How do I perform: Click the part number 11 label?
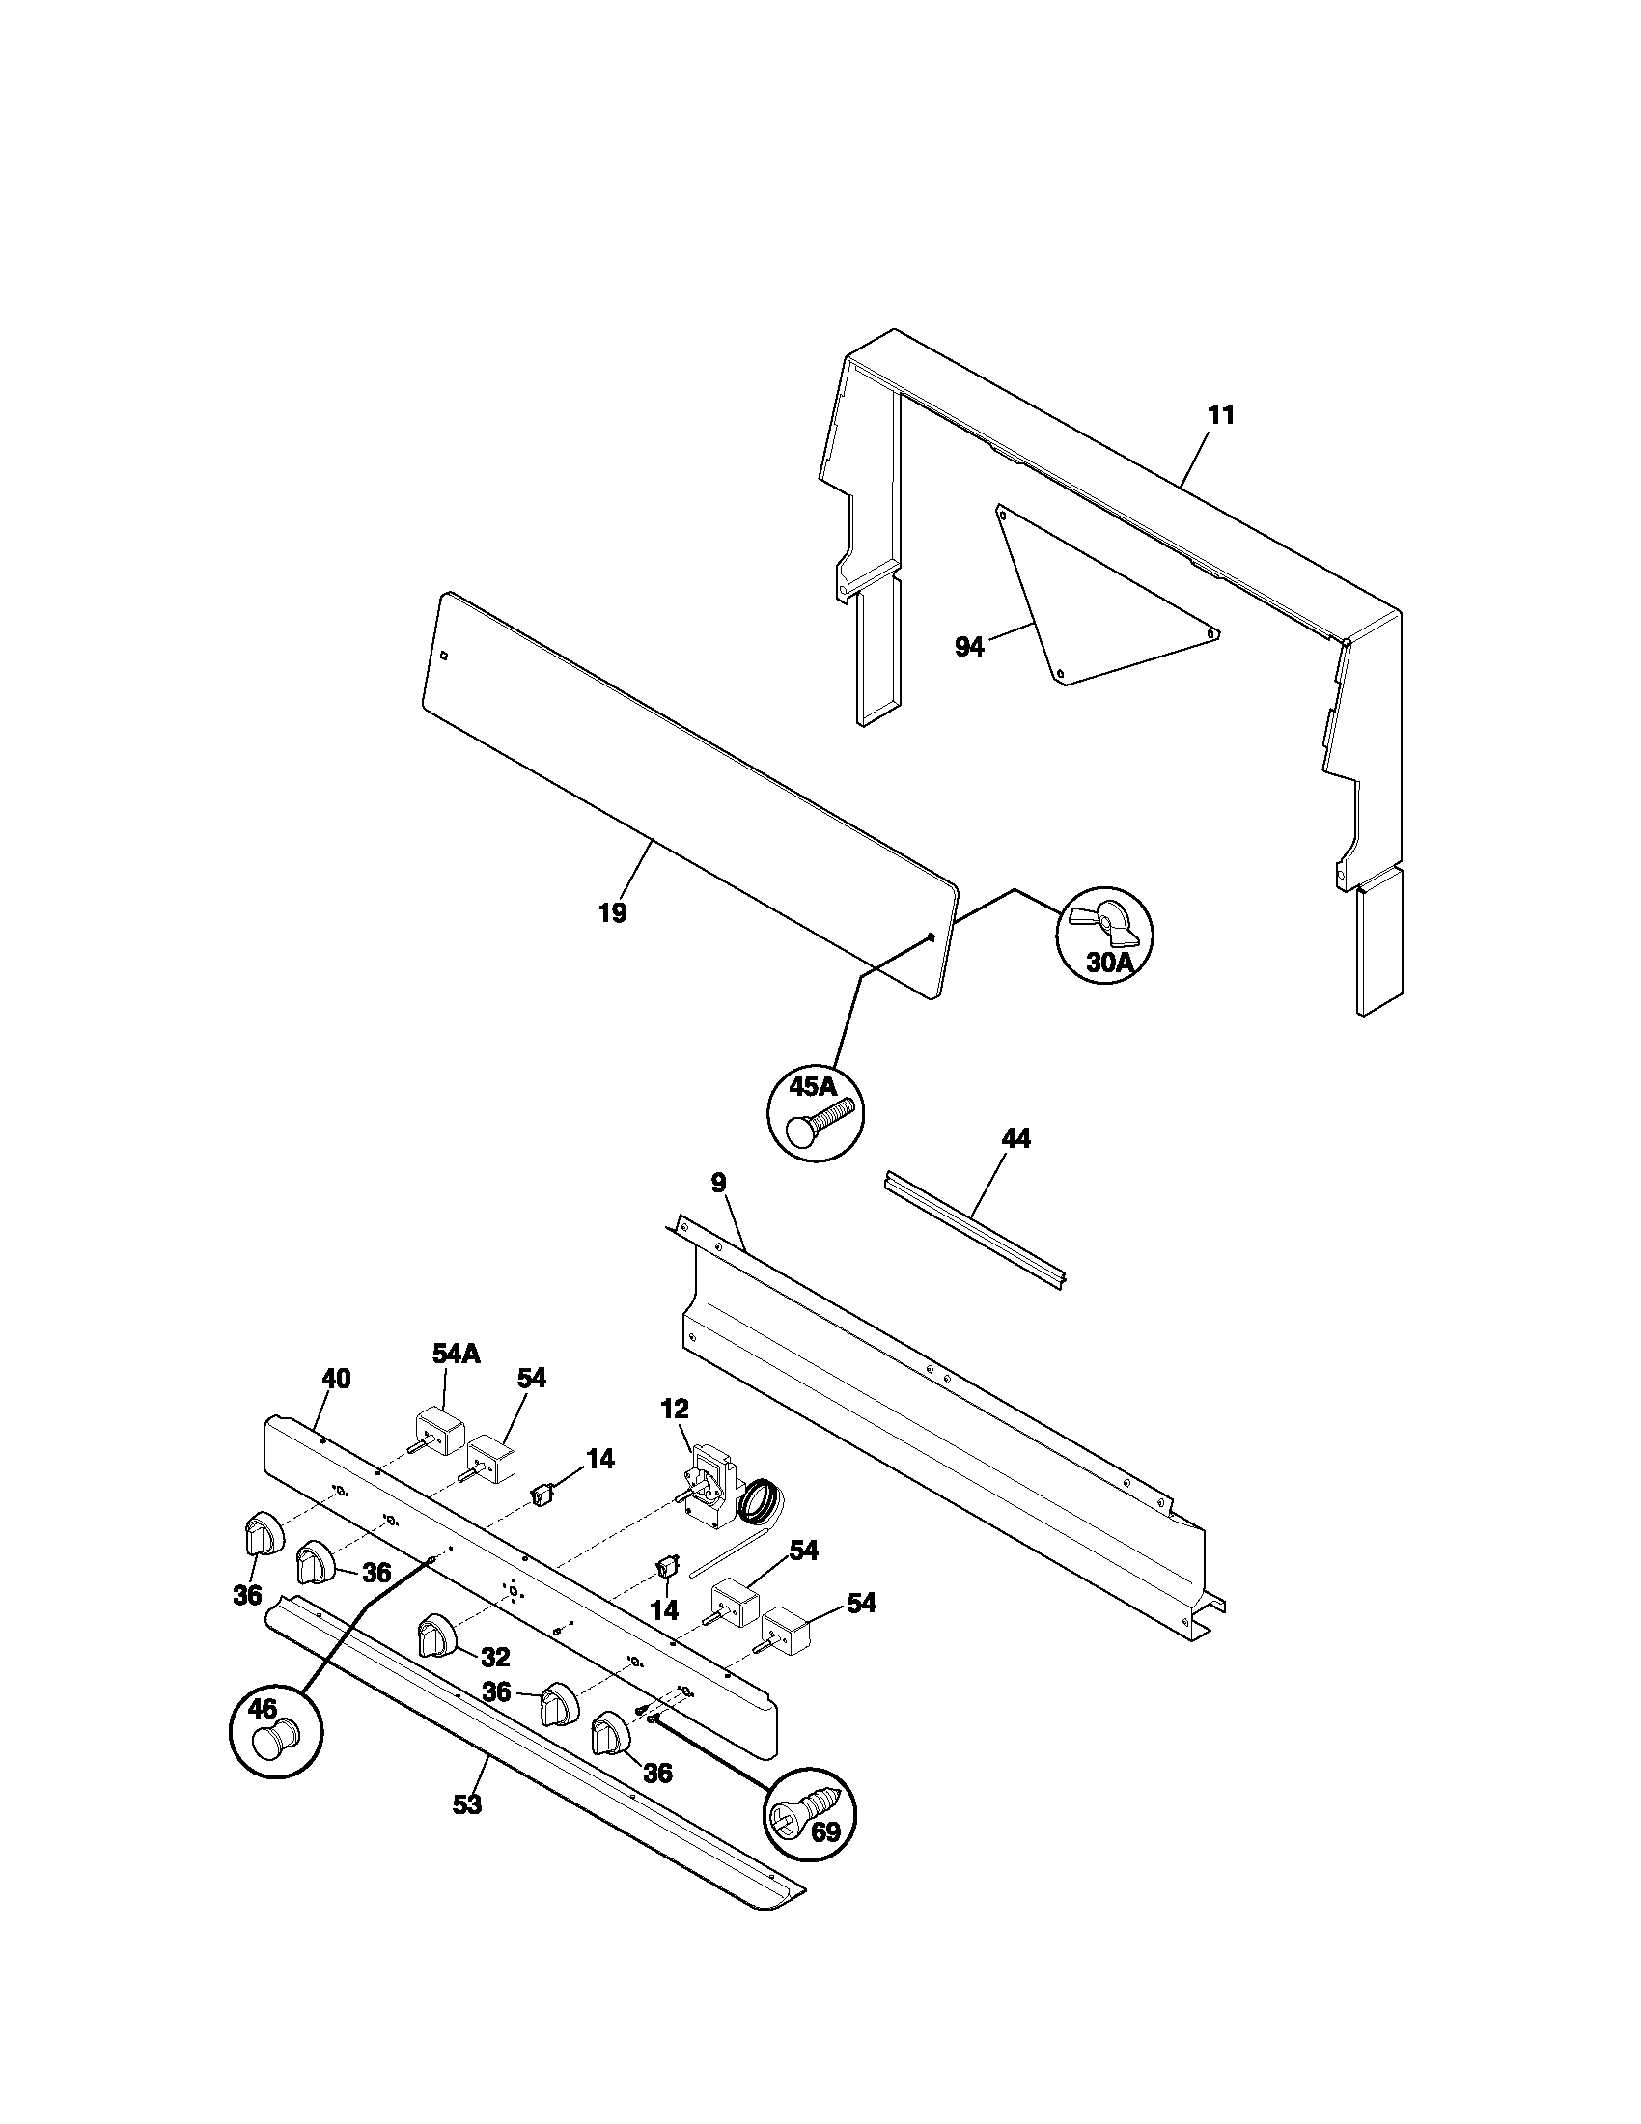[1220, 415]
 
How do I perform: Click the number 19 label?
[612, 913]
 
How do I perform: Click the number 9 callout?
[717, 1183]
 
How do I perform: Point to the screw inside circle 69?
[806, 1813]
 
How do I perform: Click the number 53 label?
[467, 1805]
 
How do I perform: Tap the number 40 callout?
[336, 1378]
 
